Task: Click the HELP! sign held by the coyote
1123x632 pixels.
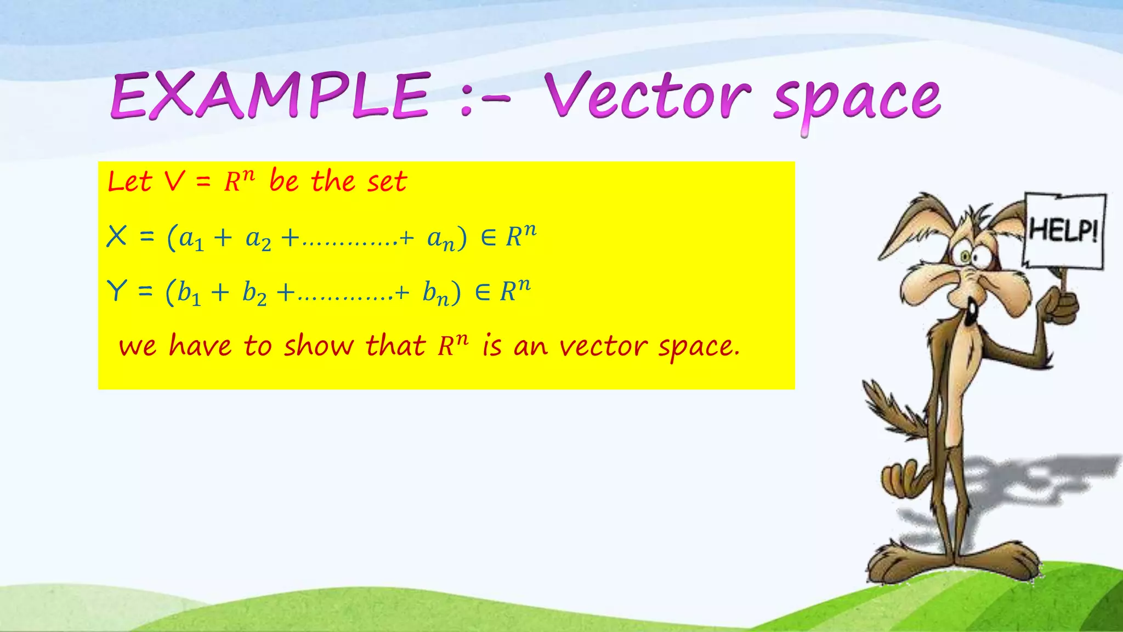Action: tap(1064, 230)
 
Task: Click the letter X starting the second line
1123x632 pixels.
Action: tap(117, 237)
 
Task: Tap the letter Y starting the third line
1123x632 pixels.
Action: tap(117, 291)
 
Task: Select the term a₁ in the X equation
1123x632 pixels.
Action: tap(191, 239)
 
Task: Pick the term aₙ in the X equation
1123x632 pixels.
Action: tap(441, 239)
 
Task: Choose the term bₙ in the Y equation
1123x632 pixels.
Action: tap(435, 294)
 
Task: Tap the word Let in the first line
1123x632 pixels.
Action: tap(129, 182)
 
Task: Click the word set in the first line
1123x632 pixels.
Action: tap(387, 182)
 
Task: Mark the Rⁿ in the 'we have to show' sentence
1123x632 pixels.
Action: tap(453, 346)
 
